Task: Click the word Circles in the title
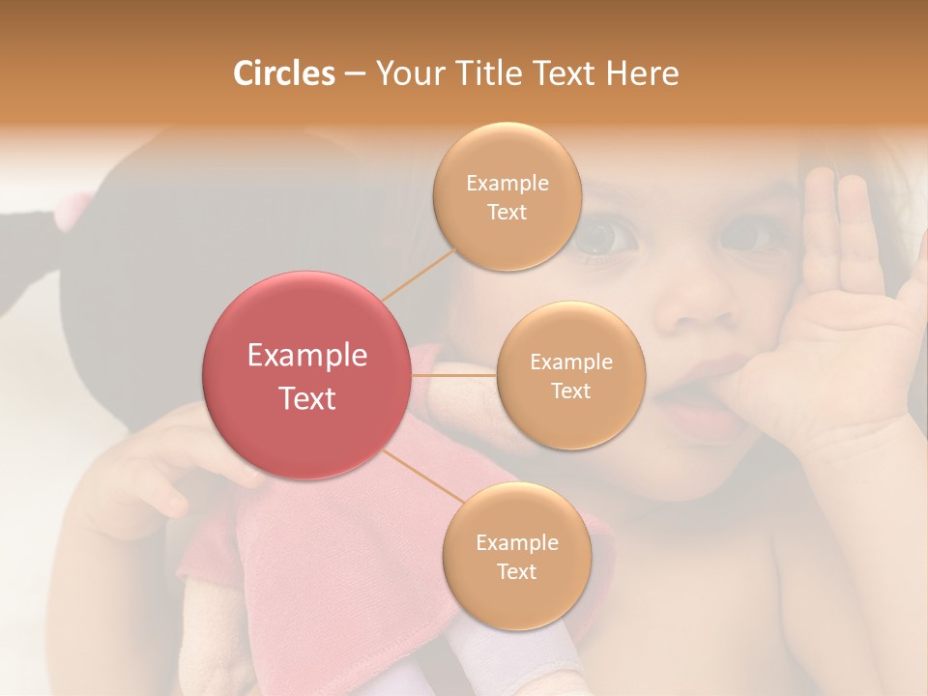(284, 73)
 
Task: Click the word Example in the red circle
(307, 356)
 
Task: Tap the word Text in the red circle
(307, 398)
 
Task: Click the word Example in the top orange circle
(507, 184)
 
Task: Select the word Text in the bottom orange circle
(516, 571)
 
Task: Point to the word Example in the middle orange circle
(570, 362)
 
